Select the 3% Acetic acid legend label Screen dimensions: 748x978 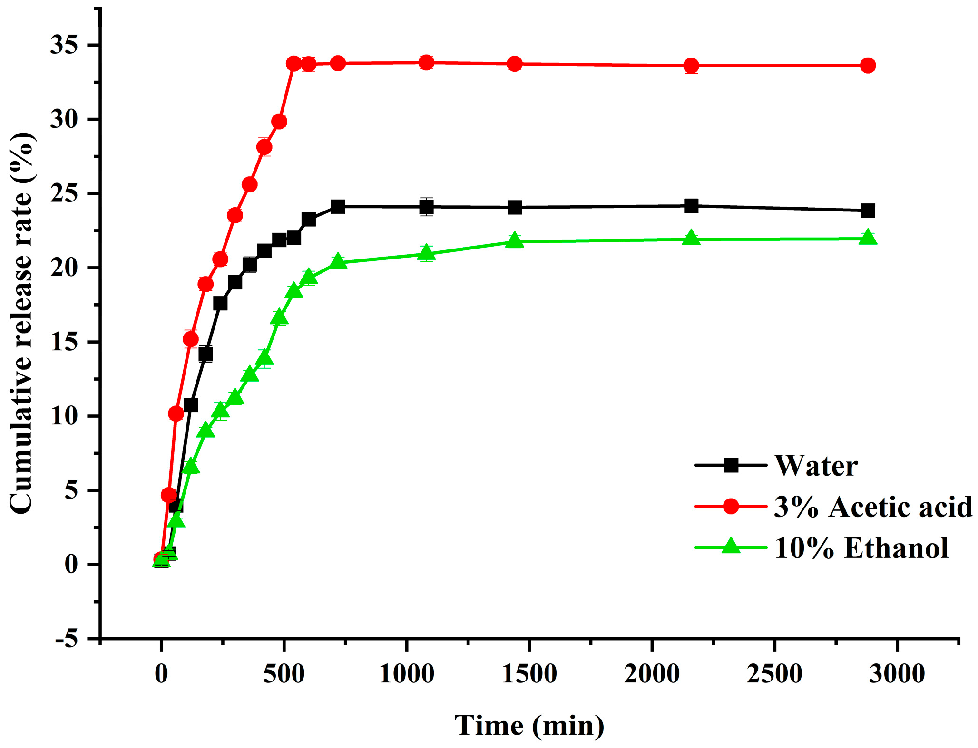[x=872, y=507]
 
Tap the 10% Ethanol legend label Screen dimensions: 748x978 [x=861, y=548]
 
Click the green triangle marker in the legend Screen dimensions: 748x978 [x=731, y=547]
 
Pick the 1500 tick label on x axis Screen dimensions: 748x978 [x=529, y=674]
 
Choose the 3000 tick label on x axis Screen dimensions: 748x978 [x=897, y=674]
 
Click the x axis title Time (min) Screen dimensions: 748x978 [x=529, y=726]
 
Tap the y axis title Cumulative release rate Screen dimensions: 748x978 [x=21, y=323]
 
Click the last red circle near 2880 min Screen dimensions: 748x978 [x=868, y=66]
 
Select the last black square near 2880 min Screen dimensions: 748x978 [x=868, y=211]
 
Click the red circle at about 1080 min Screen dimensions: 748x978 [x=426, y=62]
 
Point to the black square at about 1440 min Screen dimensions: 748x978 [x=514, y=207]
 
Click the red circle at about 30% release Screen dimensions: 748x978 [x=279, y=122]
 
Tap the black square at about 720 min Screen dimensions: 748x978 [x=338, y=206]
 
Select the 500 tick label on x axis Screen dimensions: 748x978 [x=284, y=674]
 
